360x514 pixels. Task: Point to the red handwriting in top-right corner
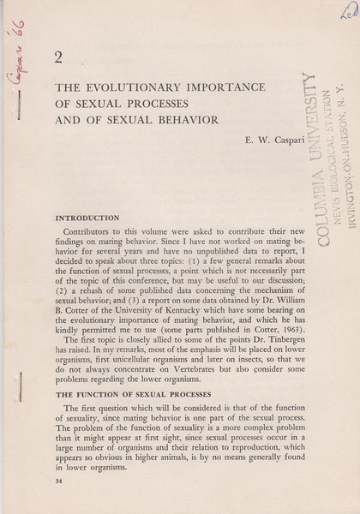click(346, 11)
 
